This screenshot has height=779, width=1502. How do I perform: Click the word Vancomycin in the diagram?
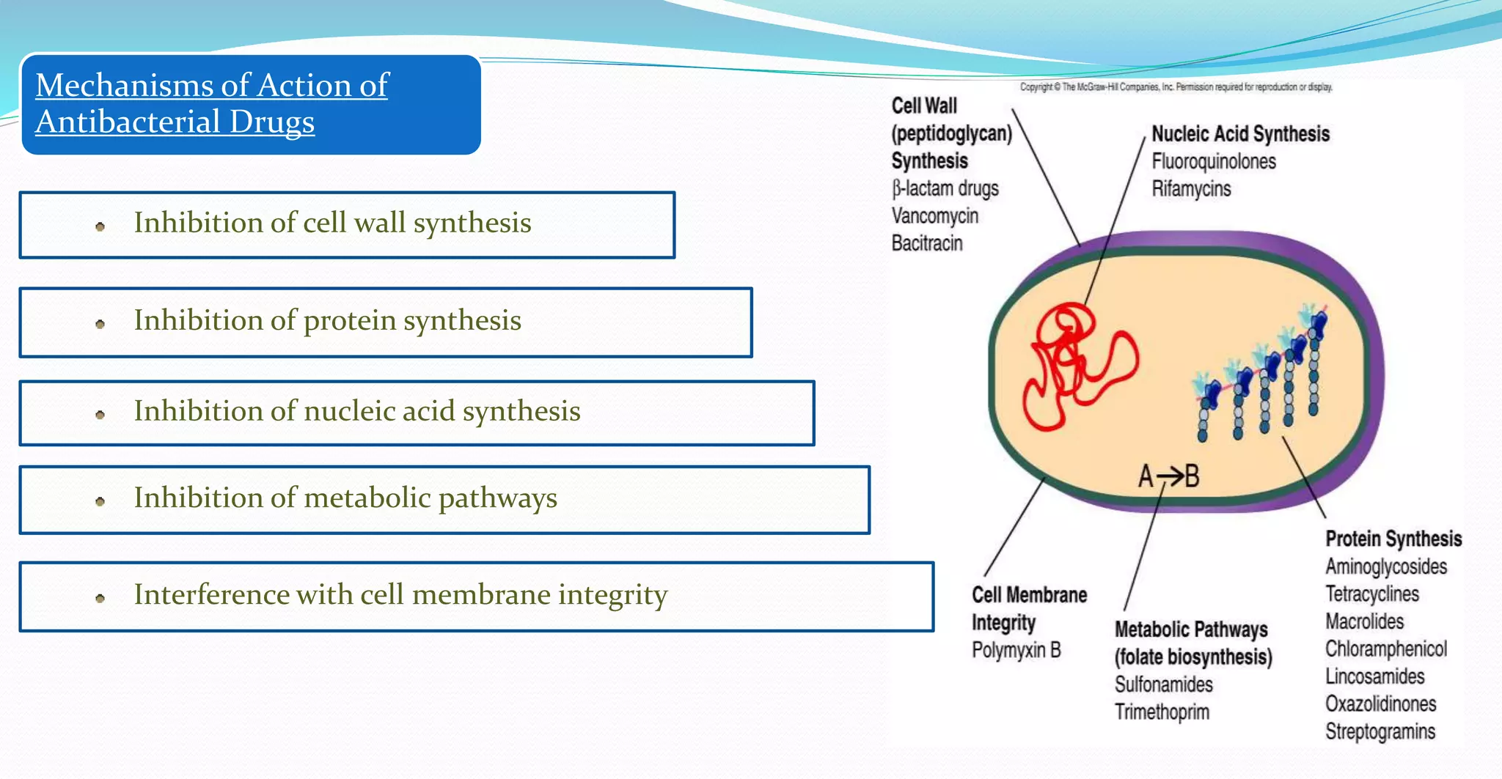[x=934, y=216]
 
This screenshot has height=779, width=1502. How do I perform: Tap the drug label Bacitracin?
[x=927, y=243]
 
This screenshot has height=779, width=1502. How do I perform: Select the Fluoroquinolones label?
[x=1214, y=161]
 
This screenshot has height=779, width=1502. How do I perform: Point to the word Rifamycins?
[x=1191, y=189]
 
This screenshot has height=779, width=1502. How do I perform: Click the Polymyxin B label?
[x=1016, y=650]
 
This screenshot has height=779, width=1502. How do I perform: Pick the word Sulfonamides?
[x=1164, y=684]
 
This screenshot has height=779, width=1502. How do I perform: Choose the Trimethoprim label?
[x=1162, y=712]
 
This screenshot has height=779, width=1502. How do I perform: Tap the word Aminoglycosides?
[x=1386, y=567]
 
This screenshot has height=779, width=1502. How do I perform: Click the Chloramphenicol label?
[x=1386, y=649]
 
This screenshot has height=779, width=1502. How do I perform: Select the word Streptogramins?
[x=1380, y=732]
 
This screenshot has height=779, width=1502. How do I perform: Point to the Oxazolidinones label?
[x=1380, y=704]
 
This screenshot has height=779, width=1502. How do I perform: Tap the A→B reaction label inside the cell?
[x=1168, y=476]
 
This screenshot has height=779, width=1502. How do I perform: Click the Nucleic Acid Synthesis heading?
[x=1240, y=134]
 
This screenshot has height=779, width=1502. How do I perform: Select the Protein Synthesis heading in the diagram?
[x=1393, y=539]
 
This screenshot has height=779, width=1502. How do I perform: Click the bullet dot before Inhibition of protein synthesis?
[x=100, y=324]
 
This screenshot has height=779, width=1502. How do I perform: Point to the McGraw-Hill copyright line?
[x=1176, y=87]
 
